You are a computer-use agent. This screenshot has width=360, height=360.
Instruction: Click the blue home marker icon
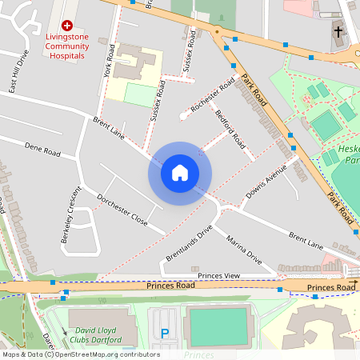coord(180,171)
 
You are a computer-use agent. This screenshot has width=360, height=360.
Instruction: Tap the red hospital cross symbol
coord(66,26)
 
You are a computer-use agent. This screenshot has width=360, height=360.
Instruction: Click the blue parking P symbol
coord(166,334)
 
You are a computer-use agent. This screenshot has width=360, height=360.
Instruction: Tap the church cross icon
coord(338,32)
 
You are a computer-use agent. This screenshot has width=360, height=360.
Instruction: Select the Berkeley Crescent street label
coord(66,216)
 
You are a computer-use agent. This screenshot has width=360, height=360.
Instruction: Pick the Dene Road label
coord(43,150)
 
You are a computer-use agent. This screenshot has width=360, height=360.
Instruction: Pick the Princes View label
coord(219,275)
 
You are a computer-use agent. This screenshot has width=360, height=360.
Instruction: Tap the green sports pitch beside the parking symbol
coord(216,327)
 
